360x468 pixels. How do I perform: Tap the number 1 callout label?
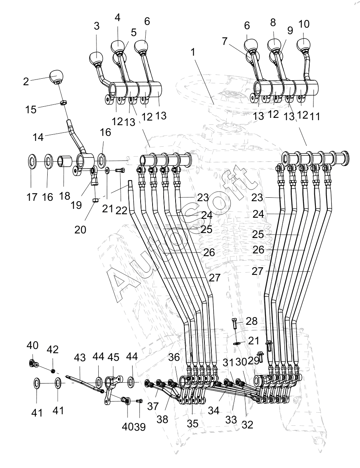193,52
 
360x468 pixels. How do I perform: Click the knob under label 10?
304,44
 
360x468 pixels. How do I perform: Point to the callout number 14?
38,137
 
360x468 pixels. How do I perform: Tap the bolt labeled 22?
120,170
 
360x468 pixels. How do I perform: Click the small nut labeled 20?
95,200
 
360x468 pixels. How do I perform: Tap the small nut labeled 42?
53,371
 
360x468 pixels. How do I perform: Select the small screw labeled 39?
139,401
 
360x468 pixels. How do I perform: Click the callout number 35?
192,423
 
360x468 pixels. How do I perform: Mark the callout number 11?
315,116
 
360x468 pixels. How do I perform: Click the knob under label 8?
274,45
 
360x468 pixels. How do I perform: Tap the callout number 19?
76,205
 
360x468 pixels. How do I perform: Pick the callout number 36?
174,357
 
